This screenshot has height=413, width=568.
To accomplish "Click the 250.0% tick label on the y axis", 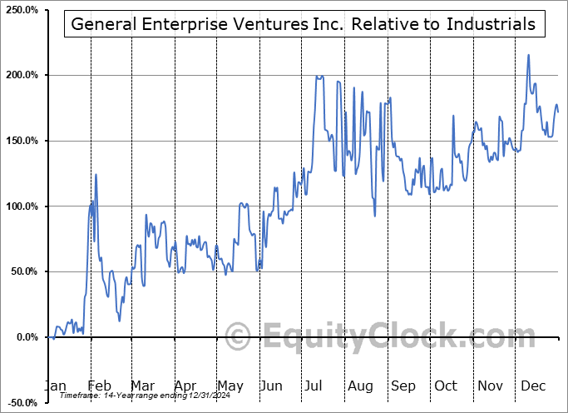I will [x=22, y=10].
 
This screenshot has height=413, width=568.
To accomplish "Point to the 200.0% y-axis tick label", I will [x=22, y=75].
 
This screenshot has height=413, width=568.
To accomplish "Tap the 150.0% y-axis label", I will [x=22, y=141].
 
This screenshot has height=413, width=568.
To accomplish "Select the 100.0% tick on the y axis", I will [x=22, y=206].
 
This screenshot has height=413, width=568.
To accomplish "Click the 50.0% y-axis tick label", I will [x=23, y=271].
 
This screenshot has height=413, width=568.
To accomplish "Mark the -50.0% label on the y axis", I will [x=22, y=402].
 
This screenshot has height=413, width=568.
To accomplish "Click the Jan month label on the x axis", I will [x=55, y=386].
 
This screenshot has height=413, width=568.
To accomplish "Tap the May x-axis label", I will [x=230, y=386].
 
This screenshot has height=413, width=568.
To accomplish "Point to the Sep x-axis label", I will [x=403, y=386].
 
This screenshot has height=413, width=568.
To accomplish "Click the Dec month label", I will [x=534, y=386].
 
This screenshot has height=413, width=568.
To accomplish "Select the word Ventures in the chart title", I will [x=261, y=24].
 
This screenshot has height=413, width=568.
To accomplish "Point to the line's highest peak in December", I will [x=528, y=55].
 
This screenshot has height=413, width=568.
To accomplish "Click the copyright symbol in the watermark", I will [x=238, y=337].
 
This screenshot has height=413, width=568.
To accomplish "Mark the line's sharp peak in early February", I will [x=96, y=174].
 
